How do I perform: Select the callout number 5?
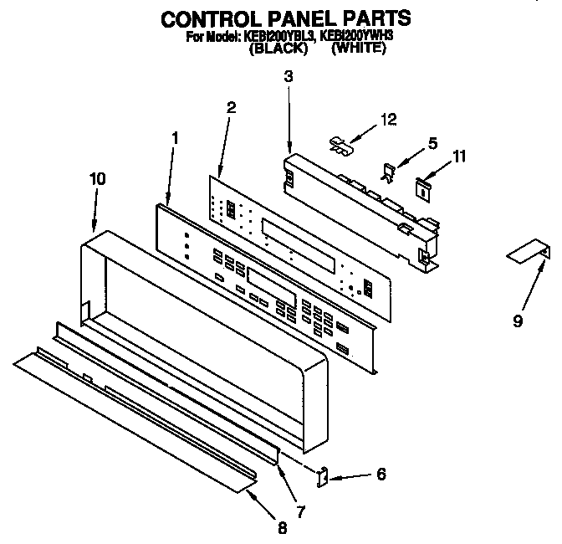coord(432,143)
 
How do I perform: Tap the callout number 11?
coord(459,156)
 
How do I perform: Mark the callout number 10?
coord(97,178)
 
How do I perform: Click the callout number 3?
coord(288,77)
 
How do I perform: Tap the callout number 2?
coord(232,106)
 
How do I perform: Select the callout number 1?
coord(174,136)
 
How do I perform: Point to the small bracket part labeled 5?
coord(389,172)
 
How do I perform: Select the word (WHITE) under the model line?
coord(358,49)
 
